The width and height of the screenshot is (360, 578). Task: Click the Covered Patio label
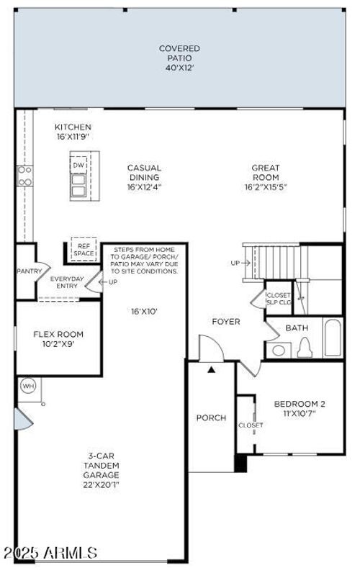(x=179, y=54)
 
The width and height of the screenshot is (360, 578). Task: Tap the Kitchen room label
(x=73, y=131)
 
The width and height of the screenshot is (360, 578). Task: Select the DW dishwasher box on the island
(x=78, y=166)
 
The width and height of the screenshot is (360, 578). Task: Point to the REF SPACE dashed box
(x=84, y=250)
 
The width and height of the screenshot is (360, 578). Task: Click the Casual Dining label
(x=144, y=177)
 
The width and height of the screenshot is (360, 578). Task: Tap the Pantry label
(x=30, y=271)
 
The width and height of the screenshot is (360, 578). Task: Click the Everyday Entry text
(x=67, y=282)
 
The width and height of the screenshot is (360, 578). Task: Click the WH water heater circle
(x=29, y=385)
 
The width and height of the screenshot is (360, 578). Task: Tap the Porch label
(x=211, y=417)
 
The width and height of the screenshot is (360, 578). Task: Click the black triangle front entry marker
(x=211, y=369)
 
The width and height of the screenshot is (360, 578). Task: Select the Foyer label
(x=225, y=321)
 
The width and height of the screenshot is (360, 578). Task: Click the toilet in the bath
(x=304, y=348)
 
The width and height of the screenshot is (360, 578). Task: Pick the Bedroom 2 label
(x=300, y=408)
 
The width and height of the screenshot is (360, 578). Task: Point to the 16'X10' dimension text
(x=144, y=312)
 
